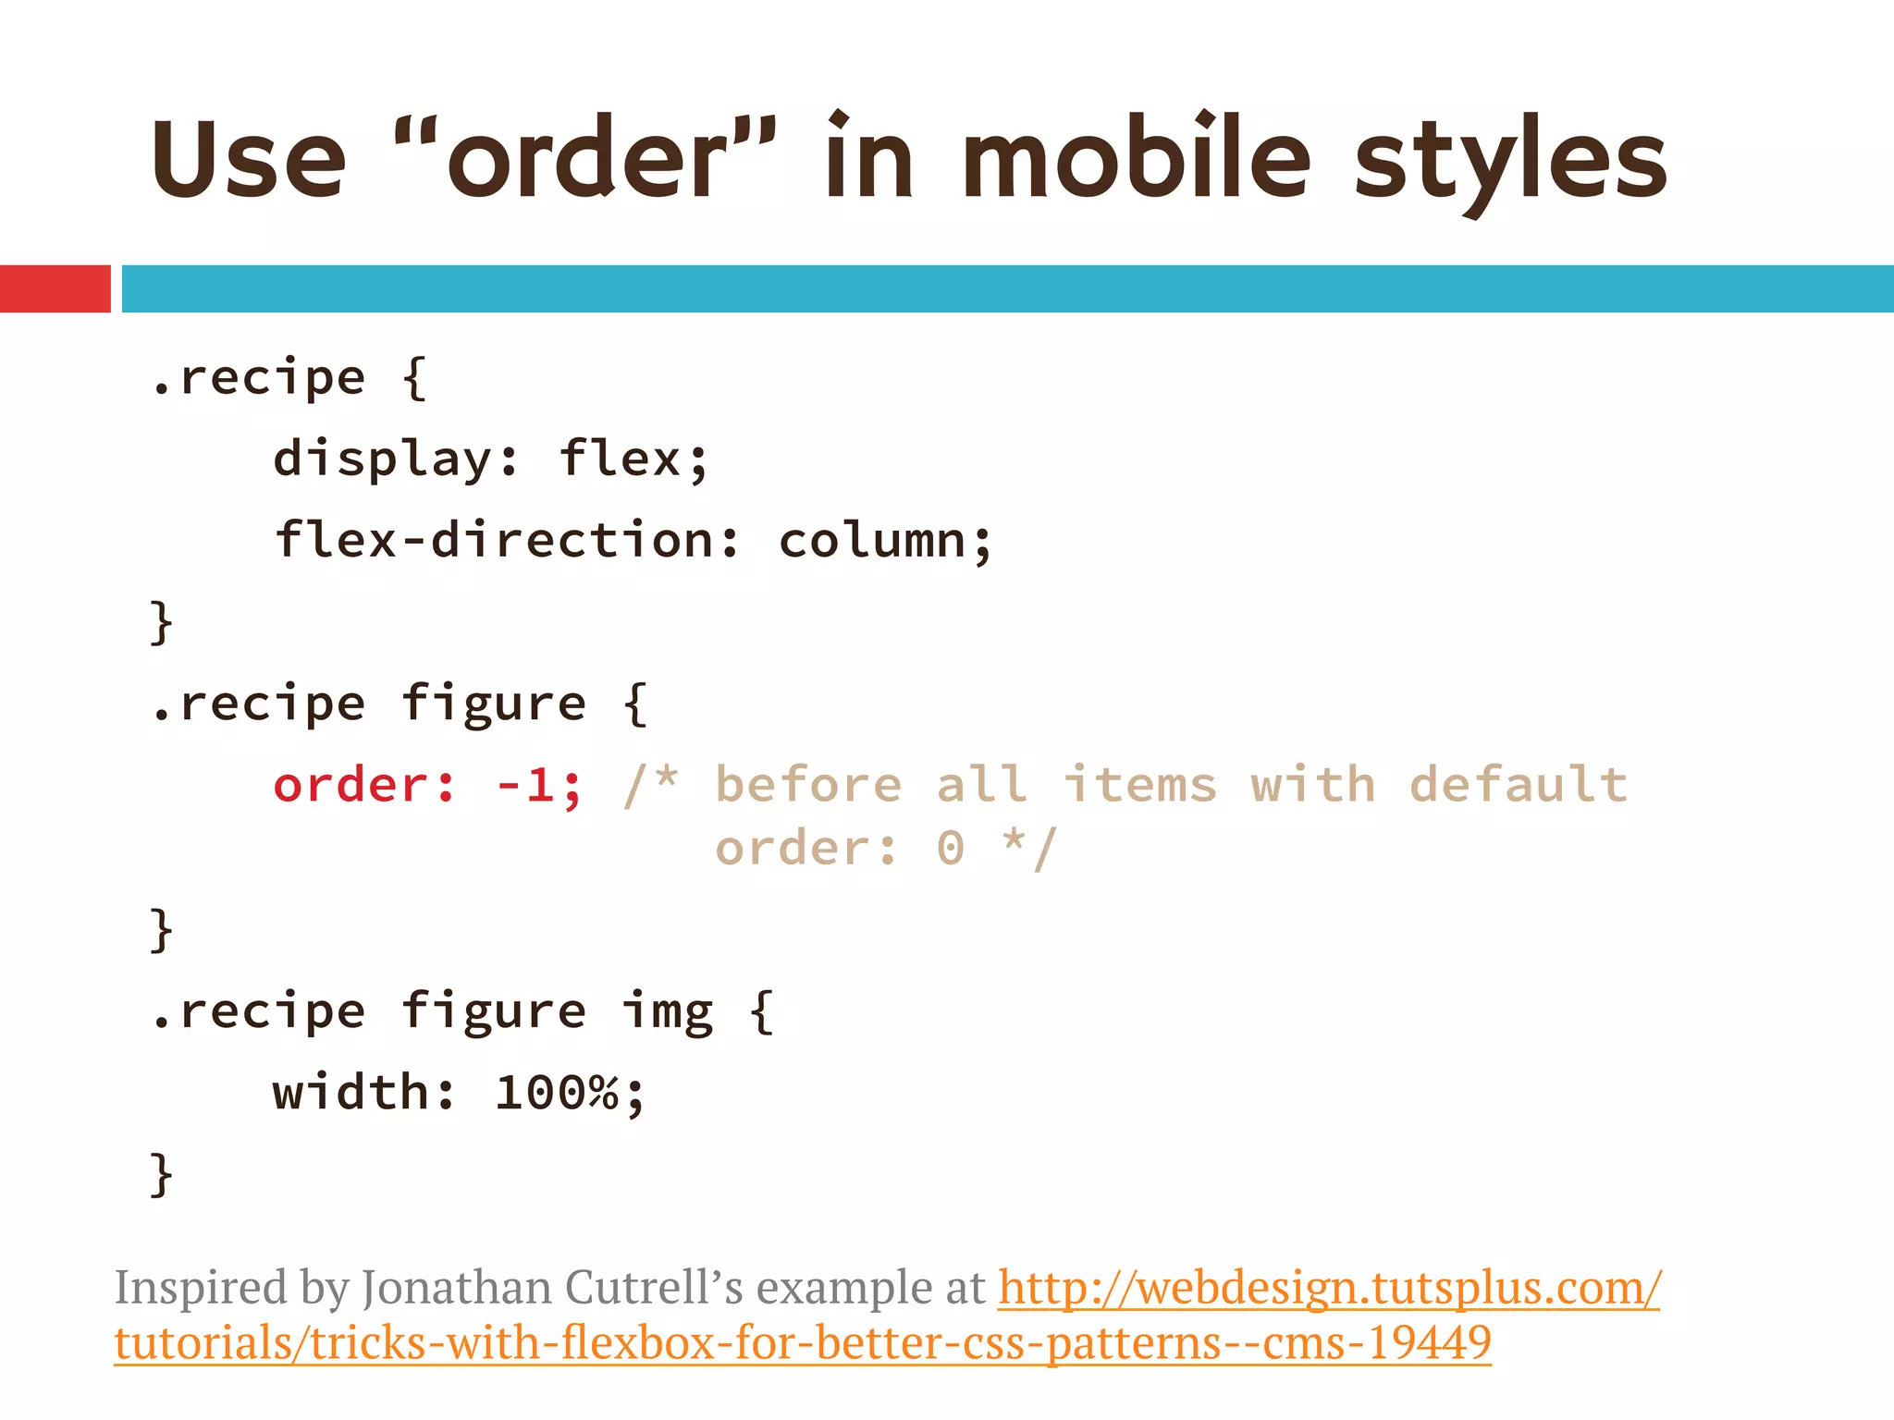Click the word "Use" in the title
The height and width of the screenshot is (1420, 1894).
click(x=248, y=159)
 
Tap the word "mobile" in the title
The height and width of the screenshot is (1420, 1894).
click(x=1136, y=157)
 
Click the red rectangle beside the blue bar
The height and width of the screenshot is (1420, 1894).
click(x=55, y=288)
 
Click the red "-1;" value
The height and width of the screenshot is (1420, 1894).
click(x=539, y=786)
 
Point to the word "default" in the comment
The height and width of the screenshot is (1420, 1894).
click(x=1518, y=786)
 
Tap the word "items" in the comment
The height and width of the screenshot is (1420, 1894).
click(x=1139, y=786)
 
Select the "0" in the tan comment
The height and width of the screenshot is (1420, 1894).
click(x=950, y=849)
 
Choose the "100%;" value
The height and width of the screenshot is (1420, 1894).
click(x=569, y=1094)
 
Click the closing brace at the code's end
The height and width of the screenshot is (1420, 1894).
click(x=161, y=1174)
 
